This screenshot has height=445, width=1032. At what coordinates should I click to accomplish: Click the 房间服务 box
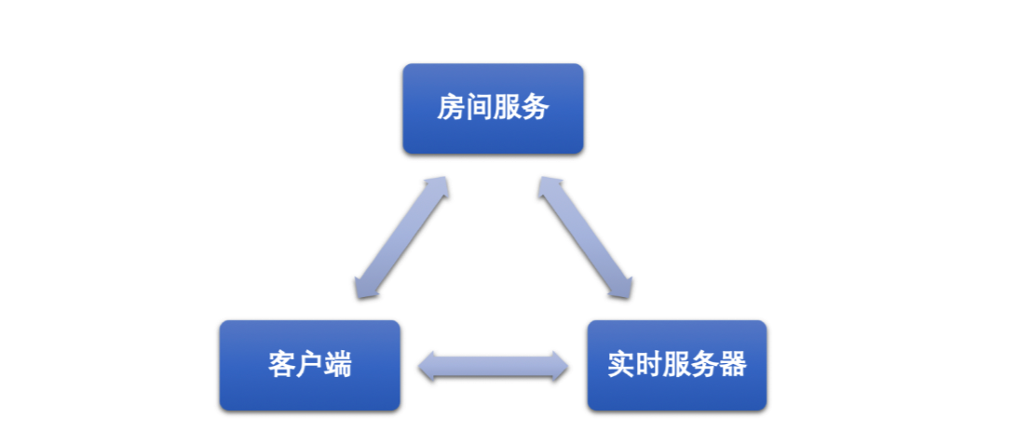(493, 108)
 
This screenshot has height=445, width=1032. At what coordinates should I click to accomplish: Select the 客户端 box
(309, 365)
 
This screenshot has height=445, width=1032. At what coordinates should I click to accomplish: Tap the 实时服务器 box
(677, 365)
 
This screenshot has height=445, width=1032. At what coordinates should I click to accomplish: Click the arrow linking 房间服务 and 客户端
(401, 238)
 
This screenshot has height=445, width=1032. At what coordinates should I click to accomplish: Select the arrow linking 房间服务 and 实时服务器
(586, 238)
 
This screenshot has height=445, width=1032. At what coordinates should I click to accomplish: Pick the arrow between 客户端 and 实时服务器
(493, 366)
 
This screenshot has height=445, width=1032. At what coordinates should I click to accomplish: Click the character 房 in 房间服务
(451, 108)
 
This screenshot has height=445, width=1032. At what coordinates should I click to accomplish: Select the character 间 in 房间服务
(479, 108)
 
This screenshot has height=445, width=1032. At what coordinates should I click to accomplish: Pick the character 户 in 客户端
(309, 365)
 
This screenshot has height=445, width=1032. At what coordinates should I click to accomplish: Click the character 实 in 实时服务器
(621, 365)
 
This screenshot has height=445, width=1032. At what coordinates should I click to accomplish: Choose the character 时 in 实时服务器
(649, 365)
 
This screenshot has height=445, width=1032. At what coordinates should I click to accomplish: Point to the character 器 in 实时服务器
(733, 365)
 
